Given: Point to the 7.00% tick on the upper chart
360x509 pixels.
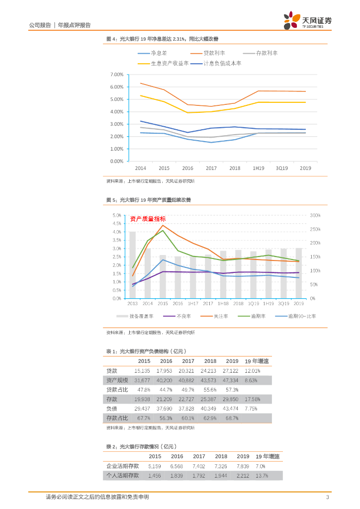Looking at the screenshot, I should [116, 75].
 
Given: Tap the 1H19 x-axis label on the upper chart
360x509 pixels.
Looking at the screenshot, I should [258, 169].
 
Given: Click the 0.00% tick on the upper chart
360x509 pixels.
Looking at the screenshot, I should [116, 162].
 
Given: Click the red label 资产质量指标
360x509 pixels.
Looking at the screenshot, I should [148, 219].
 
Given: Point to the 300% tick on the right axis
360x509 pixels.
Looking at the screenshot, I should [315, 215].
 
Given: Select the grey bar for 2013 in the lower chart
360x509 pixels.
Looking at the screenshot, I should [132, 265].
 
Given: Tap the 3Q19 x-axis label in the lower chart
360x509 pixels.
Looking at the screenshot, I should [283, 303].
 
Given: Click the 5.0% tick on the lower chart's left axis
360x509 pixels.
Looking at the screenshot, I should [117, 215].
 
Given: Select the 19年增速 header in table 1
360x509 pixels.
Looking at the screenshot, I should [257, 361].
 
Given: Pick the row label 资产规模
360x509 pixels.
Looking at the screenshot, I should [117, 380].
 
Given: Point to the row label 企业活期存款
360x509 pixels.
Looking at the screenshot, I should [123, 466].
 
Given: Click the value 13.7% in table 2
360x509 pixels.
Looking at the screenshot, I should [262, 476].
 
